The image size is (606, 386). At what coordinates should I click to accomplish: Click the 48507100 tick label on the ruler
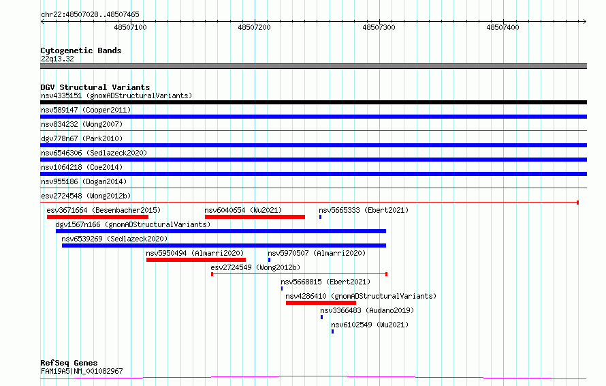(x=130, y=27)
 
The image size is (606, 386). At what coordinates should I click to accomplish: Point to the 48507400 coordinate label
(x=503, y=27)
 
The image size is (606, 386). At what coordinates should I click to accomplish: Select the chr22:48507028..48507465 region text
(x=90, y=15)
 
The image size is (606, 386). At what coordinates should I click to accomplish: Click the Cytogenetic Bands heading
(x=81, y=50)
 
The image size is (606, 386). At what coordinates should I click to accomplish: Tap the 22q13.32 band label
(x=57, y=59)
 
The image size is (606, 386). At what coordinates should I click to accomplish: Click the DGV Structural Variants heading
(x=95, y=87)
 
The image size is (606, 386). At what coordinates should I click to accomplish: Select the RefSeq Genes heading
(x=69, y=363)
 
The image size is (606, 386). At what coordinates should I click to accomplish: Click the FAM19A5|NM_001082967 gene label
(x=82, y=371)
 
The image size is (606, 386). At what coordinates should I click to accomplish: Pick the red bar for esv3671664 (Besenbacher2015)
(x=97, y=217)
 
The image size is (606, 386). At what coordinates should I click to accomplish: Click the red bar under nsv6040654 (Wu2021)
(x=255, y=217)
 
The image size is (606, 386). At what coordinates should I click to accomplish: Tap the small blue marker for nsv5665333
(x=321, y=217)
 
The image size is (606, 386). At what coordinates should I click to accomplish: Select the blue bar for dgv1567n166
(x=221, y=231)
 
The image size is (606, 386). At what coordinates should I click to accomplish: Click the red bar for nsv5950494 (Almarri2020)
(x=196, y=260)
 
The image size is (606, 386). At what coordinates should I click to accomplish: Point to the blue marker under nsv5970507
(x=270, y=260)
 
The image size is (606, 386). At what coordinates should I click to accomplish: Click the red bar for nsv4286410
(x=321, y=303)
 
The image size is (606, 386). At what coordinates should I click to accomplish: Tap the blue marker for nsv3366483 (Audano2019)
(x=321, y=317)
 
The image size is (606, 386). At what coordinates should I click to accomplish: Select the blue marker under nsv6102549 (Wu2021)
(x=332, y=331)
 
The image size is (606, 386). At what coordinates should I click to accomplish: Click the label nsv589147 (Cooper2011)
(x=86, y=110)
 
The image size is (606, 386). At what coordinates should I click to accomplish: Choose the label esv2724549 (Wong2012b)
(x=255, y=267)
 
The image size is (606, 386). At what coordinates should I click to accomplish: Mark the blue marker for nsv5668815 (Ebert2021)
(x=282, y=288)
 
